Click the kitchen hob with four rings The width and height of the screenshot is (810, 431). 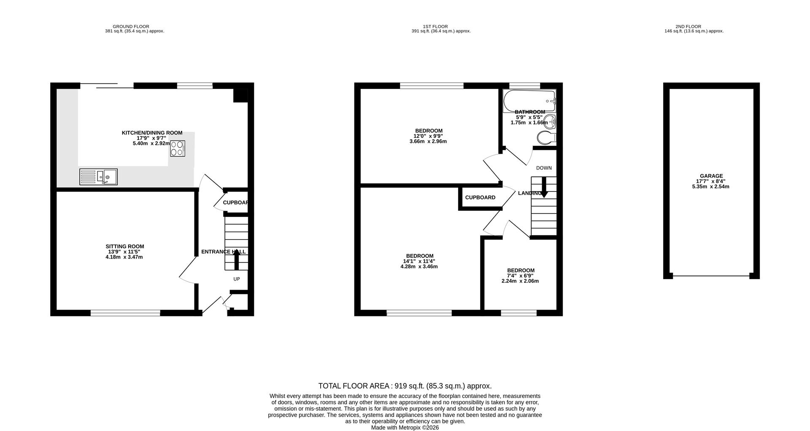[x=178, y=148]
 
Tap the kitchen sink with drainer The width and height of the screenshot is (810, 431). [x=98, y=177]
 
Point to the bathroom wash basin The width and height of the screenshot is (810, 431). [x=550, y=122]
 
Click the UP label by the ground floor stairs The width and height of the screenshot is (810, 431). [x=237, y=279]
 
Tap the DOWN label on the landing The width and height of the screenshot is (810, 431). [x=544, y=168]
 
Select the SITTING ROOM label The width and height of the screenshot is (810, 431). [x=124, y=247]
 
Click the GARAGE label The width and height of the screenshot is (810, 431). [x=711, y=176]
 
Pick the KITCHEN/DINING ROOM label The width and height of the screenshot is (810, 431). [x=152, y=133]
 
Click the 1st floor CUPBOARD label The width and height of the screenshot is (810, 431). [x=480, y=198]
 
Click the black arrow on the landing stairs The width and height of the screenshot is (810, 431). [x=544, y=187]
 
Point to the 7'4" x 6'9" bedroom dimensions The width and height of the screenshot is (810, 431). [x=520, y=276]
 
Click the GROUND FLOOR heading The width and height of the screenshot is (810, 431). [x=131, y=27]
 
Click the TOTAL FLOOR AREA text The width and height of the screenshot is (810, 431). [x=405, y=386]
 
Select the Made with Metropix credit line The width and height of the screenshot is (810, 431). [x=405, y=428]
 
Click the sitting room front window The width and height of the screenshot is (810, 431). [x=125, y=313]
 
